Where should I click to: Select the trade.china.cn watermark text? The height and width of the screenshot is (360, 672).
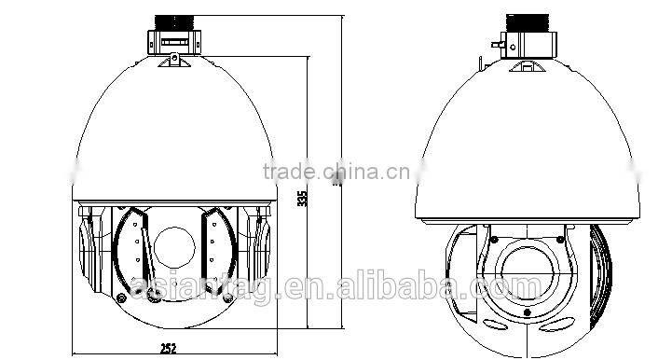click(x=332, y=172)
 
